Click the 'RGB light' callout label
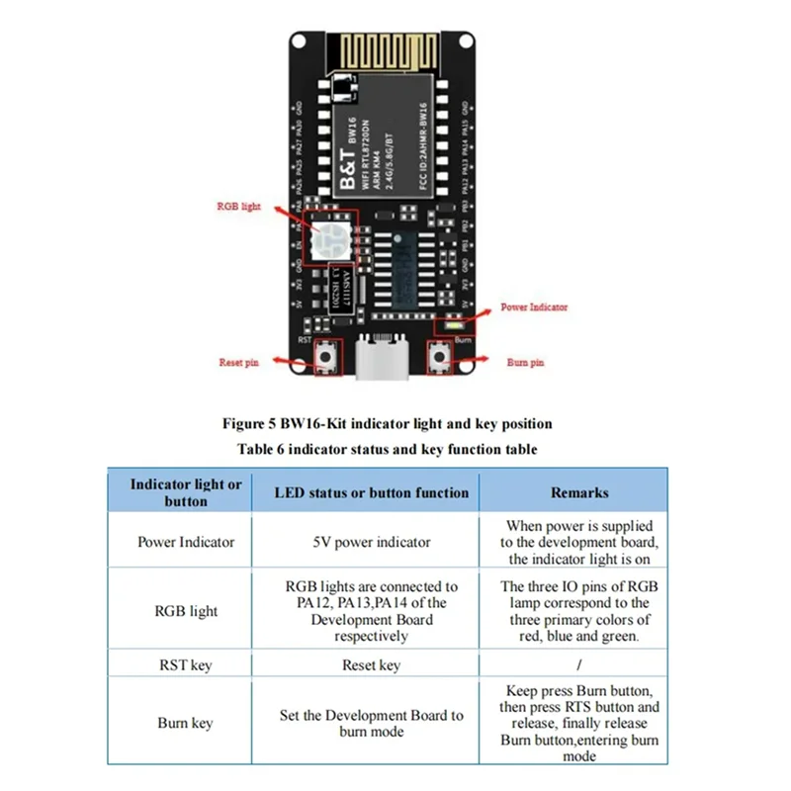point(239,207)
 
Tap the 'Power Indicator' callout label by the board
point(534,308)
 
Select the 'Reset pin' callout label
point(238,363)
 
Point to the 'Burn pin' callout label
point(524,363)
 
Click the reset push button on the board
point(323,359)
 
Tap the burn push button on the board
point(437,358)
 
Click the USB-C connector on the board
point(380,360)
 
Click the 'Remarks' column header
point(579,492)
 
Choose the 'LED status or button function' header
point(372,492)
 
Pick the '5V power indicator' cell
point(372,542)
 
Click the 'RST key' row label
point(186,665)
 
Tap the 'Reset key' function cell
point(372,665)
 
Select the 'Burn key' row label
point(186,723)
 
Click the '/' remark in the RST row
point(579,665)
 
